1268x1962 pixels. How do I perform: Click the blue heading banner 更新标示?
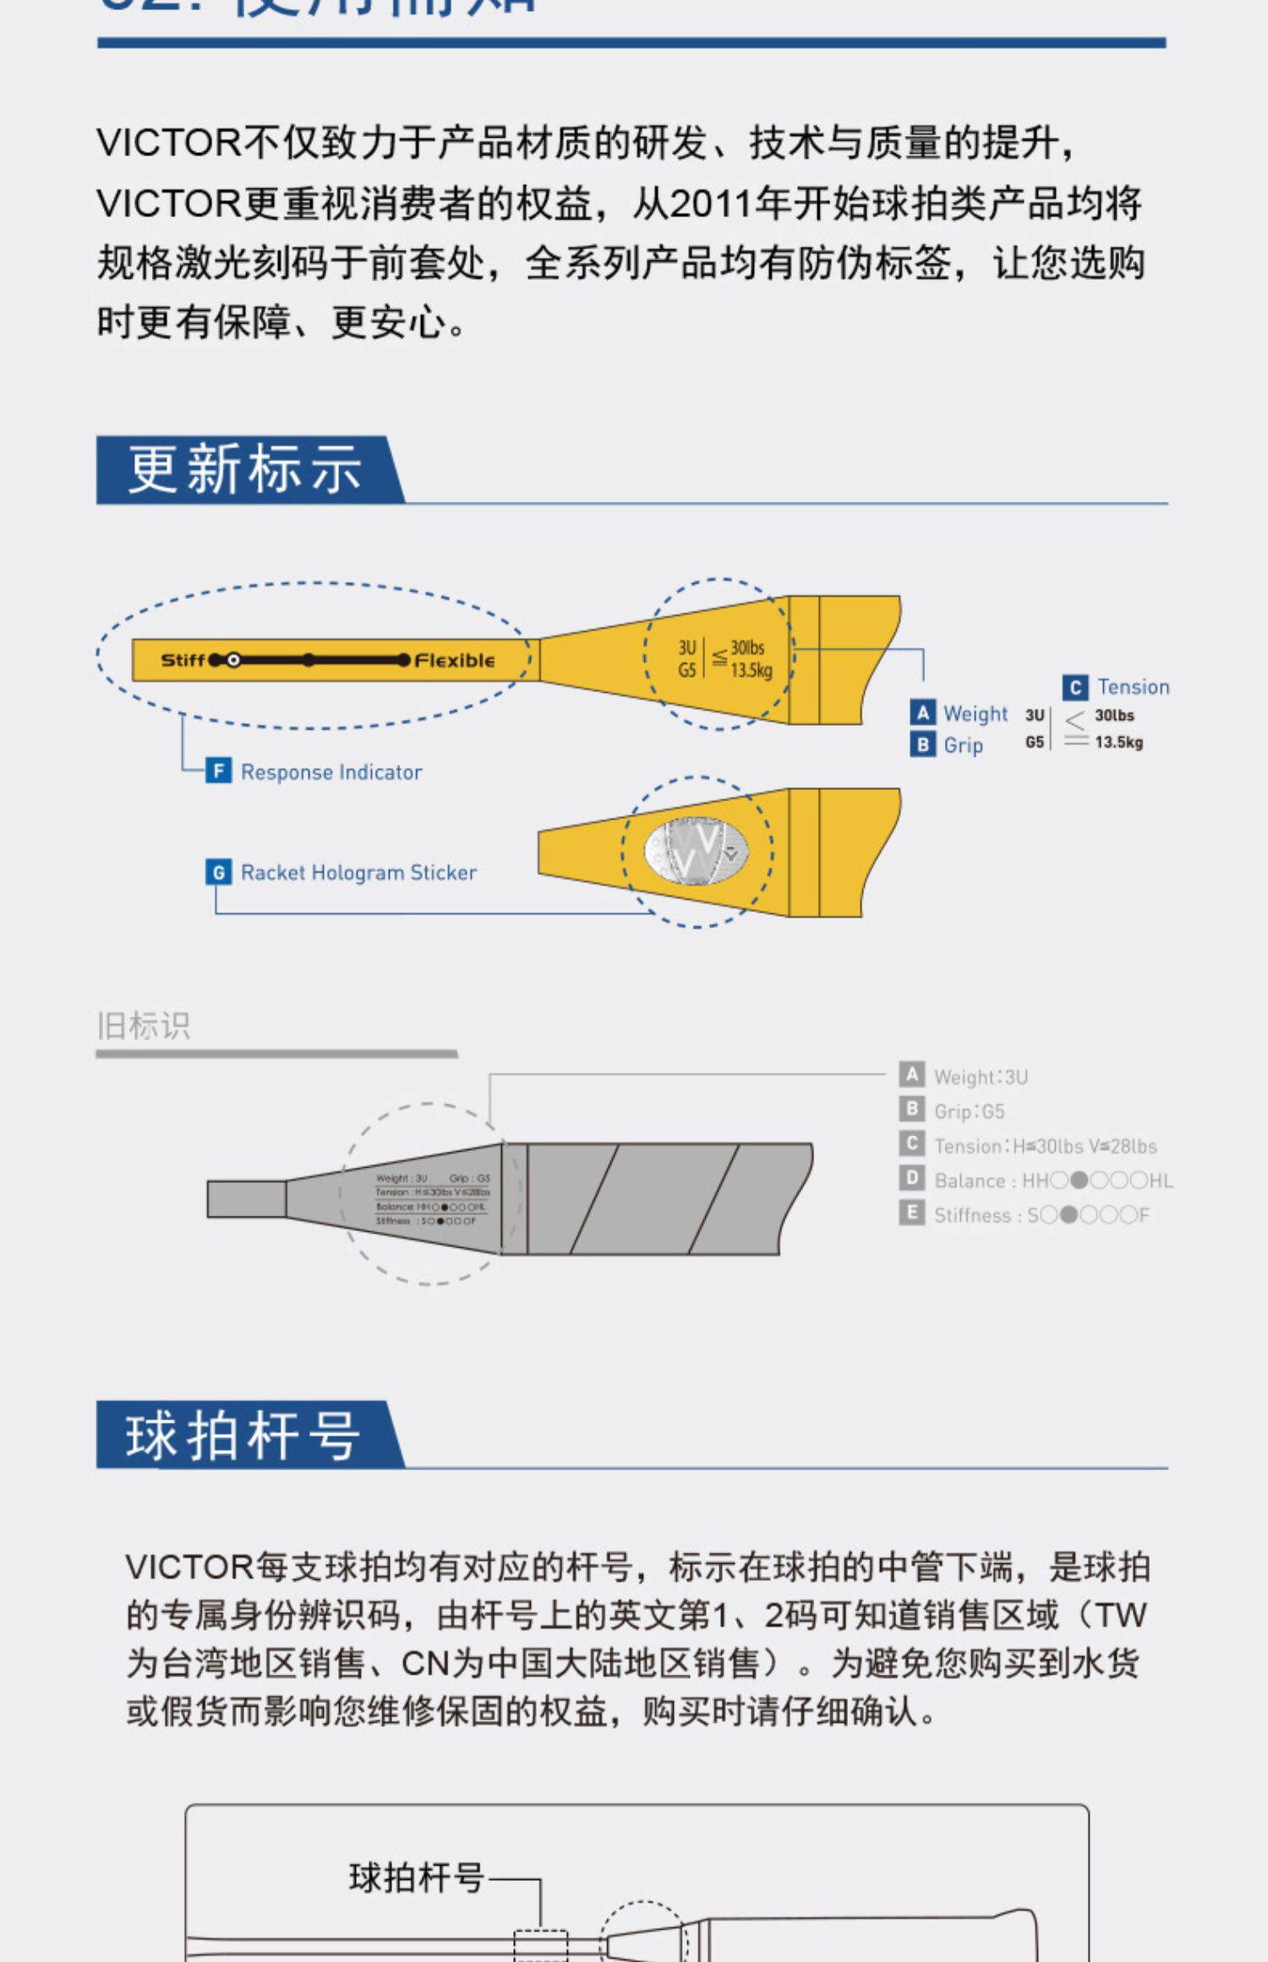245,469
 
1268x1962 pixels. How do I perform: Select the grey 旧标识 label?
144,1026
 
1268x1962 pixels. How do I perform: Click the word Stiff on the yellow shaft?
183,660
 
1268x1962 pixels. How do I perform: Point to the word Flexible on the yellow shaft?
455,660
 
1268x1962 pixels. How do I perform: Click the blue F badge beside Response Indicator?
218,771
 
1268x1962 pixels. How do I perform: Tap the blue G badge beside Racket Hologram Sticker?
218,872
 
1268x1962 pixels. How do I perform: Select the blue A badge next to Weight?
922,713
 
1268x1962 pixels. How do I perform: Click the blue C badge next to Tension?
1074,687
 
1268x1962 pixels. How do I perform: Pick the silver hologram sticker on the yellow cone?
696,852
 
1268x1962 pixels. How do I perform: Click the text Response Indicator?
331,772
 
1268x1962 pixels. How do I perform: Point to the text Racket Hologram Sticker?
358,873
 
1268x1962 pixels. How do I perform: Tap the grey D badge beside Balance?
911,1179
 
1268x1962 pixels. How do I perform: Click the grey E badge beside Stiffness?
911,1213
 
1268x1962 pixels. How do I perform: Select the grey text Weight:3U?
981,1077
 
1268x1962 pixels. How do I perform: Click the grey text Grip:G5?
969,1112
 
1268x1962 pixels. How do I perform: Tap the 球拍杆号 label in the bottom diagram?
416,1878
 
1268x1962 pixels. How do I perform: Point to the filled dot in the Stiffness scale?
1069,1215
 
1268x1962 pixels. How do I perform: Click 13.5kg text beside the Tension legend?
1118,743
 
